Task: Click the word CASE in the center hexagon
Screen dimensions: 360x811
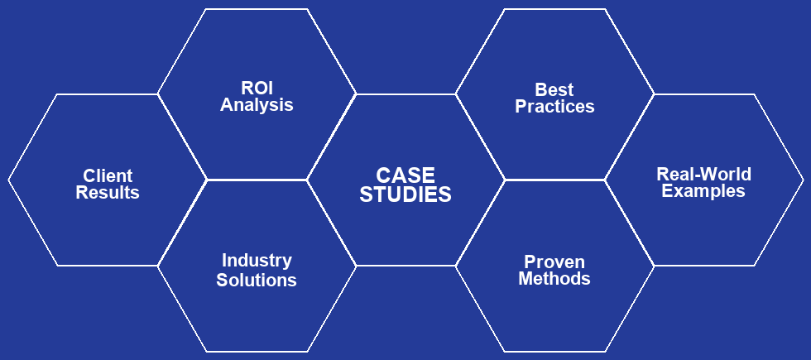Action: [405, 175]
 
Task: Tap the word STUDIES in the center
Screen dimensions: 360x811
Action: [405, 195]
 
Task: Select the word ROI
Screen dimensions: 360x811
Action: [257, 89]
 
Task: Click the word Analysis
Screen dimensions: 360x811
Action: [257, 105]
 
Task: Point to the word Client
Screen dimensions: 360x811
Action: [108, 175]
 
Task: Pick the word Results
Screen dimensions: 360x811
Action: [108, 193]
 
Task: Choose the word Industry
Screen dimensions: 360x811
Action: [257, 261]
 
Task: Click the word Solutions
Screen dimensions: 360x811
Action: [257, 280]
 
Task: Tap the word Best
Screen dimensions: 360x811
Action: [554, 89]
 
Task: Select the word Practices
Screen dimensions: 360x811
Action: [554, 107]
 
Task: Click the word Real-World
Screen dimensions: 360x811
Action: [703, 175]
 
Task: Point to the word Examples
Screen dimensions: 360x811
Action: [703, 191]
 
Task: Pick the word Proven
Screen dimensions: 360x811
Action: [554, 262]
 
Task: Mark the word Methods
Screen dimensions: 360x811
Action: [554, 279]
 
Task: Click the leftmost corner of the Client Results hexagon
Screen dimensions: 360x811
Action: [9, 180]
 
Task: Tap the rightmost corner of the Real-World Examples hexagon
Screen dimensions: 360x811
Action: [803, 180]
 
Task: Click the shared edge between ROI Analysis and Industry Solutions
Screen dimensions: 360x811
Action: [257, 180]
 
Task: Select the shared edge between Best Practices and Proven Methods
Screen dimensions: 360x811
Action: [554, 180]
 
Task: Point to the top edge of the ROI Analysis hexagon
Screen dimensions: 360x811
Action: [257, 9]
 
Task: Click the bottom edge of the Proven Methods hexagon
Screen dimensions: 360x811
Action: [554, 351]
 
